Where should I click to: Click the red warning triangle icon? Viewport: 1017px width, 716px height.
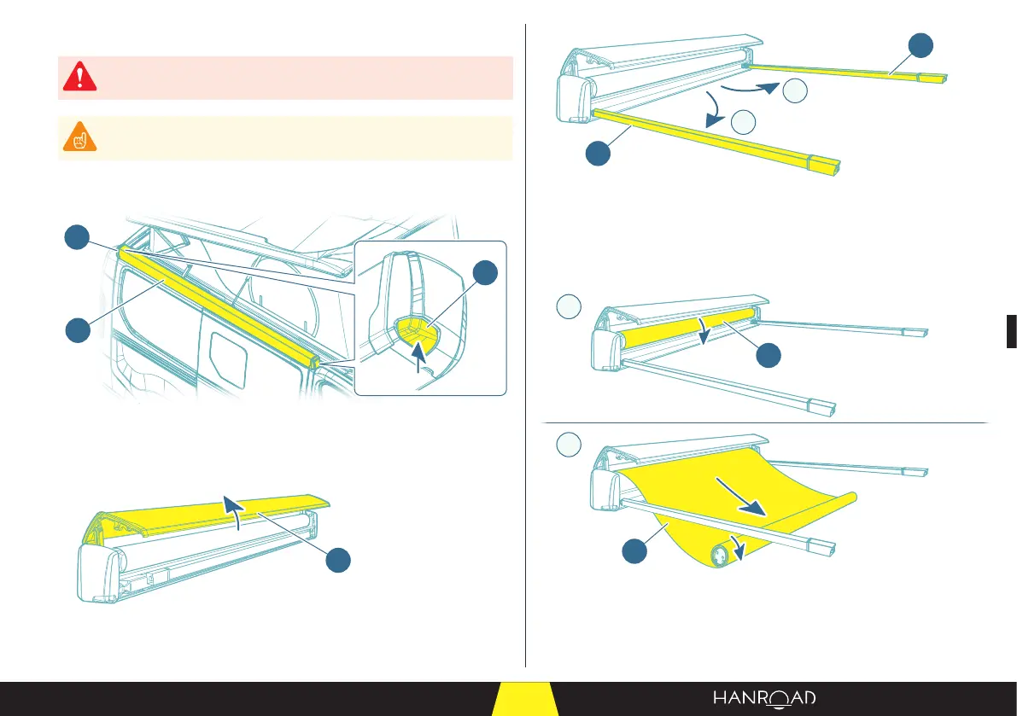point(79,78)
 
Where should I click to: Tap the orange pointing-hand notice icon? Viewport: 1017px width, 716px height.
point(79,137)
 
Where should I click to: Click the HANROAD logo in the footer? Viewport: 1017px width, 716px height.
point(764,698)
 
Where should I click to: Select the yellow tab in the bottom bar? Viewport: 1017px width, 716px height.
point(525,699)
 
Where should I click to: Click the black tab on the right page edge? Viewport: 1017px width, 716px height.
point(1010,331)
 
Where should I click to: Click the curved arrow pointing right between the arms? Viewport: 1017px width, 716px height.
point(748,88)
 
